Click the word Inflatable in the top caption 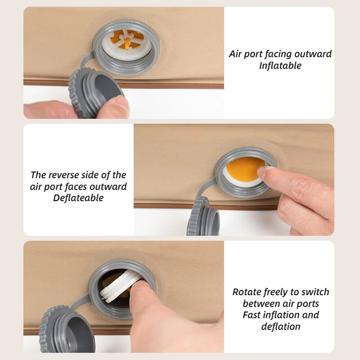pyautogui.click(x=280, y=66)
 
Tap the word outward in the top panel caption pyautogui.click(x=313, y=54)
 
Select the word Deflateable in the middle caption pyautogui.click(x=78, y=198)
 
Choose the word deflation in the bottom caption pyautogui.click(x=281, y=327)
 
